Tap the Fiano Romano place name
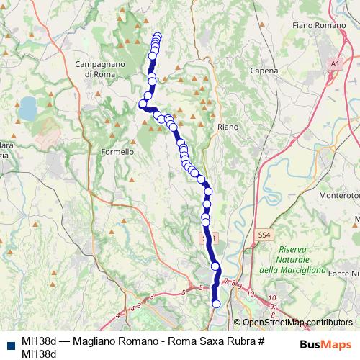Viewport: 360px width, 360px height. pos(319,26)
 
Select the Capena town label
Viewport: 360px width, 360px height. pos(264,71)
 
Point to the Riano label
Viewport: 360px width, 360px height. pos(228,126)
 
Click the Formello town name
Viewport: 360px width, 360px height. pos(117,152)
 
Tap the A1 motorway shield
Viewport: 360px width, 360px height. pos(335,64)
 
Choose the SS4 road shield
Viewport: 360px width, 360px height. pos(265,235)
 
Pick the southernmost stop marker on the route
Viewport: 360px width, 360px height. pos(216,304)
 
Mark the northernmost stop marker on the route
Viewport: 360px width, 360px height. pos(158,36)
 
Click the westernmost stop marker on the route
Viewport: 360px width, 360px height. pos(143,104)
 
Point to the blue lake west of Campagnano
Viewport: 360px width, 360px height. pos(27,109)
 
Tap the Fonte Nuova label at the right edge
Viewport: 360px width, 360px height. pos(343,274)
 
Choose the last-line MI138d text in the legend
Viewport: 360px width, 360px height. pos(39,354)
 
